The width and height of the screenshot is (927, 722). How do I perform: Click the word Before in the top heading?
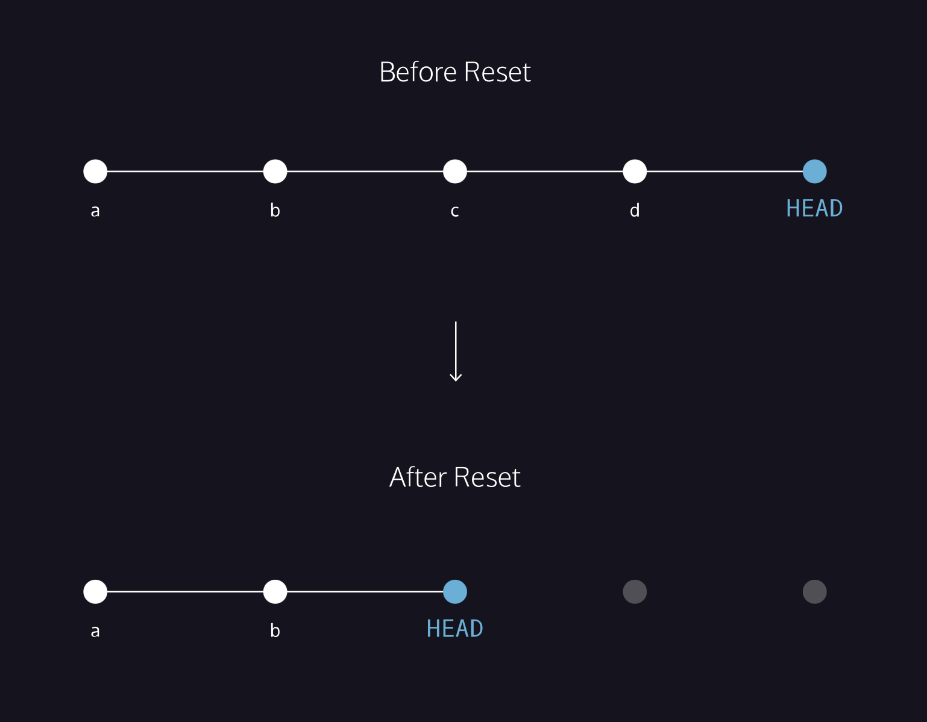tap(418, 72)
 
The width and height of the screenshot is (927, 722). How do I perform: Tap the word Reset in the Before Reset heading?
tap(497, 72)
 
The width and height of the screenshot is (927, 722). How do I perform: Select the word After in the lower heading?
tap(418, 477)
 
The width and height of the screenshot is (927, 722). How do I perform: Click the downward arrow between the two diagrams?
tap(456, 351)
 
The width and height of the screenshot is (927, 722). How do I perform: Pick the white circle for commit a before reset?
tap(95, 171)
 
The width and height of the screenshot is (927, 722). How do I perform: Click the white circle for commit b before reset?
tap(275, 171)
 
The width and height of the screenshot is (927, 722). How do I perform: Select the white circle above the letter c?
tap(455, 171)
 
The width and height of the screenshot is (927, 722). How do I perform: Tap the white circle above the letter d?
tap(635, 171)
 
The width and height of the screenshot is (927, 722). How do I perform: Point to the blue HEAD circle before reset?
tap(814, 171)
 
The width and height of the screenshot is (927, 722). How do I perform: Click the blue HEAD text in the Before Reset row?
tap(814, 209)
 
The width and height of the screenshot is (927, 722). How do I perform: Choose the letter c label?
tap(455, 211)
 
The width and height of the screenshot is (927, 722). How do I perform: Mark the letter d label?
tap(635, 210)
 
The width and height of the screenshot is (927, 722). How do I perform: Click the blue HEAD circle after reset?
tap(455, 592)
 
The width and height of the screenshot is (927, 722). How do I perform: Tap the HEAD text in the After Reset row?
tap(455, 629)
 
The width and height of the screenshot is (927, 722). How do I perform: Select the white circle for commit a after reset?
tap(95, 592)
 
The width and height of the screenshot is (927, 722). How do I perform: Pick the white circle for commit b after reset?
tap(275, 592)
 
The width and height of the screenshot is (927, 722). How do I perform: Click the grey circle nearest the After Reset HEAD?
tap(635, 592)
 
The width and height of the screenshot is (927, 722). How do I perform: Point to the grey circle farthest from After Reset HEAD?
tap(814, 592)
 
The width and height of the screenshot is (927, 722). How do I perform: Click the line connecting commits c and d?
tap(545, 171)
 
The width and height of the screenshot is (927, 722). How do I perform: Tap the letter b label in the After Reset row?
tap(275, 630)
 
